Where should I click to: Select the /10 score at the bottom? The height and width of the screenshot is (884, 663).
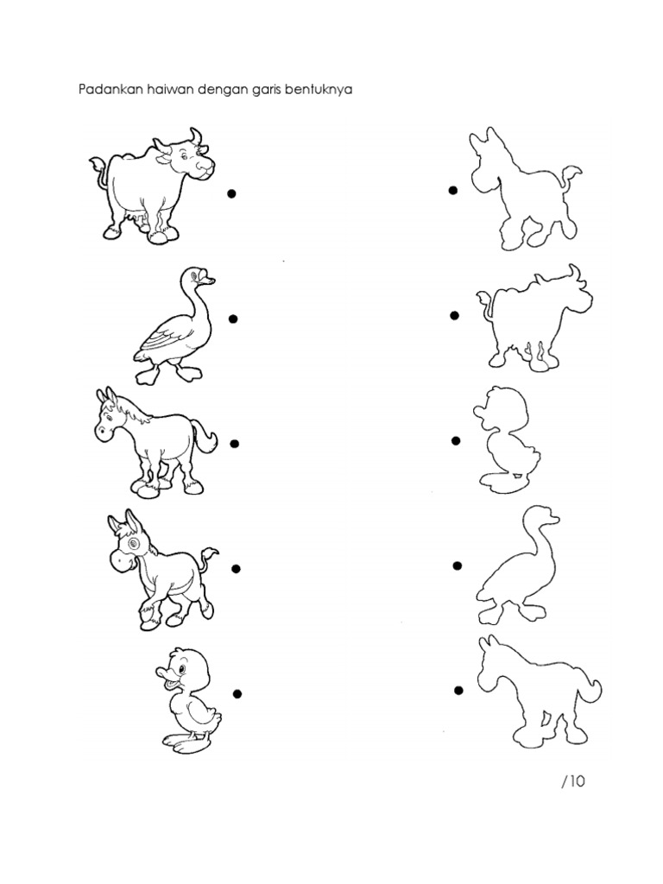coord(573,780)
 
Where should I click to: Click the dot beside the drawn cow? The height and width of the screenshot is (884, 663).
coord(231,194)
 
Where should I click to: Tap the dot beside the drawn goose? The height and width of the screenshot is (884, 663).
coord(233,319)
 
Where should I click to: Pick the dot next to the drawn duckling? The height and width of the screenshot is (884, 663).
coord(237,693)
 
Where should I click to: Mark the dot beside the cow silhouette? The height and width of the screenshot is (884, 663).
coord(454,316)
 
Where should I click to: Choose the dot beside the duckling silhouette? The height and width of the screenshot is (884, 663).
coord(456,441)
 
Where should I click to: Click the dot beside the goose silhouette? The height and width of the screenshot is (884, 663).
coord(457,565)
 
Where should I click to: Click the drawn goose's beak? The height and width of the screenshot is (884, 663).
coord(209,279)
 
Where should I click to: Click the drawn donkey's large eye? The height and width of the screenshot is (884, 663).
coord(134,544)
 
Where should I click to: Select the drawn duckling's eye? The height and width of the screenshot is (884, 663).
coord(181,669)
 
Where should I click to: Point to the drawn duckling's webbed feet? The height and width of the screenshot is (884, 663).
coord(187,741)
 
